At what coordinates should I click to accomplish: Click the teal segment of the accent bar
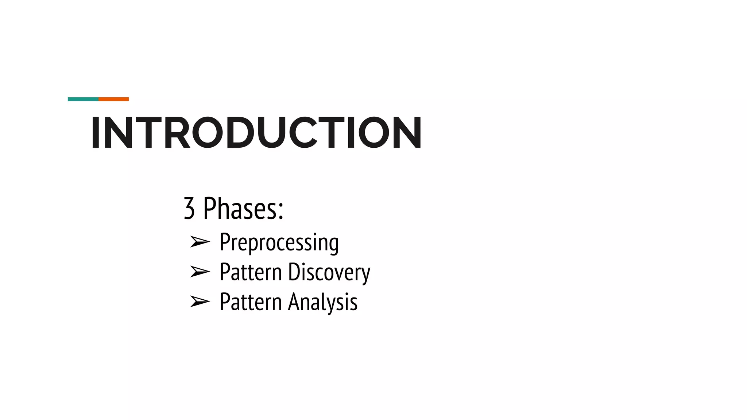click(83, 99)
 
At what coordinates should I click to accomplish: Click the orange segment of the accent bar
click(113, 99)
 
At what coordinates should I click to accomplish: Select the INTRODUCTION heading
click(256, 133)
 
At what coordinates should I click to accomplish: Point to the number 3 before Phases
click(189, 209)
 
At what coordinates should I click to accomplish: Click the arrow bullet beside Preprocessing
click(200, 242)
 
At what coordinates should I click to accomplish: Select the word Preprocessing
click(279, 242)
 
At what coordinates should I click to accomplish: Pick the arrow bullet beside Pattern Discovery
click(200, 272)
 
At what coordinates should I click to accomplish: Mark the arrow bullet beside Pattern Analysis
click(200, 302)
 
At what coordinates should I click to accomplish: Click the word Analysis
click(323, 302)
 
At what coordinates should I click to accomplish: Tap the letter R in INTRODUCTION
click(177, 133)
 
